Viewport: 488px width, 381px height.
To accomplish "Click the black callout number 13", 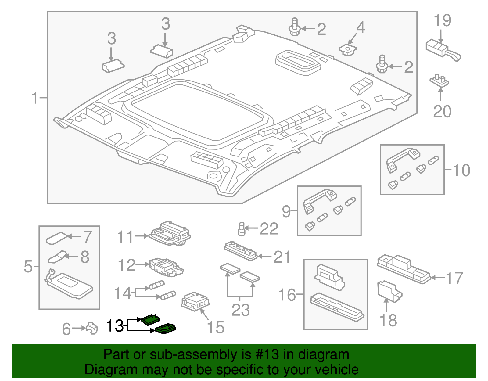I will coord(115,326).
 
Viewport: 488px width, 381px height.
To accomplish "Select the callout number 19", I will coord(442,21).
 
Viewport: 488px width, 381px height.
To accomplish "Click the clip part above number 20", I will coord(440,81).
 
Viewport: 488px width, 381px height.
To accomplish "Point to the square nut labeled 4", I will coord(348,49).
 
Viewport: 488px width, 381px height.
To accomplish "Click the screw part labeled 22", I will coord(242,229).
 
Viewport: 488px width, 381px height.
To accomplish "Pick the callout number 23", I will coord(241,310).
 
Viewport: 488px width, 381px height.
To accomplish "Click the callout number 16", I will coord(287,295).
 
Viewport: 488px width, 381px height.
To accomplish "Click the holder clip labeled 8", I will coord(57,257).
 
